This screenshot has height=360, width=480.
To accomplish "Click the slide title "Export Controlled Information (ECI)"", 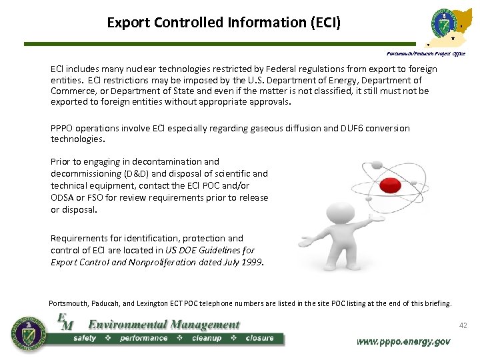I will [x=224, y=23].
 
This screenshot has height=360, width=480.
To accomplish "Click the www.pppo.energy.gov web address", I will [x=403, y=341].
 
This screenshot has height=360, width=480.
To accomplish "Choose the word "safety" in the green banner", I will [x=86, y=338].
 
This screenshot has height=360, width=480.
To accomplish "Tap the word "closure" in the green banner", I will [x=259, y=338].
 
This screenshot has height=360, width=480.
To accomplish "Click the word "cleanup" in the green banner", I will [x=206, y=338].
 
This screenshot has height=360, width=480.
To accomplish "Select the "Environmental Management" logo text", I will [x=164, y=325].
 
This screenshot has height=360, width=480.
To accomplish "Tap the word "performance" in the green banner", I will [x=144, y=338].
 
